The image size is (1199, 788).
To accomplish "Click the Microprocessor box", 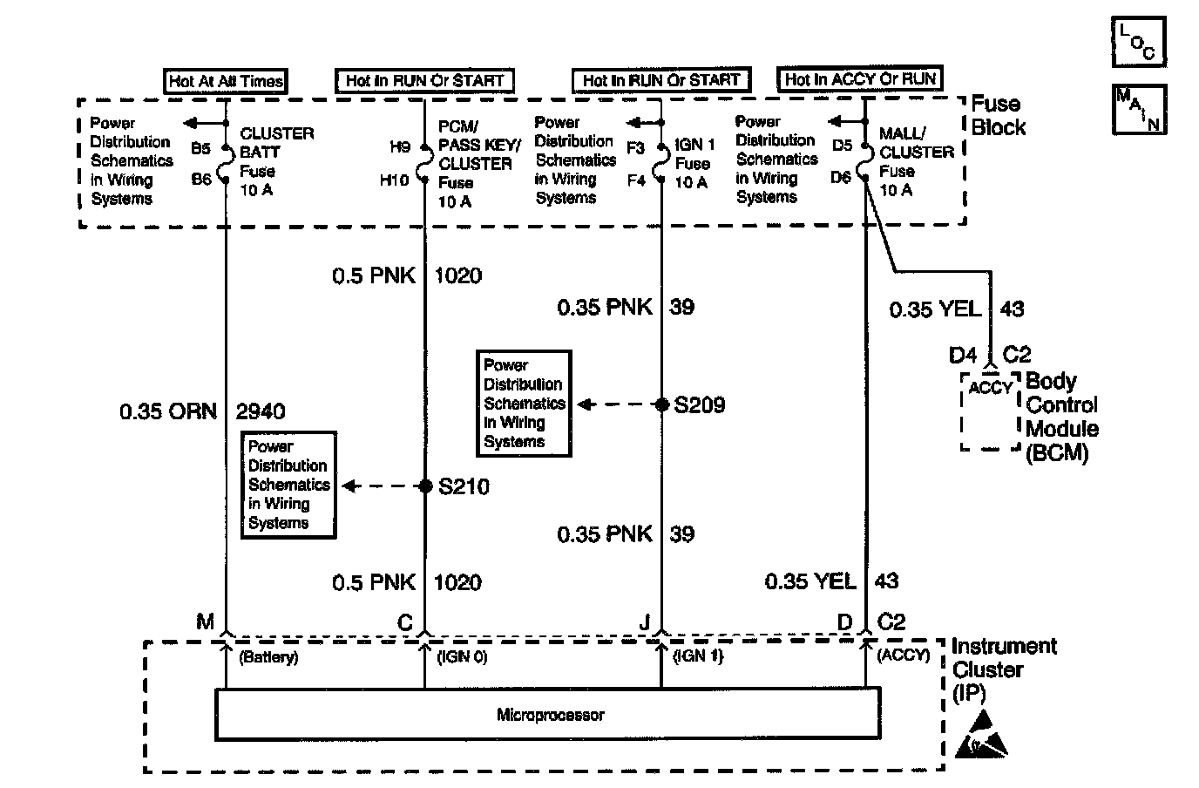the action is (x=547, y=714).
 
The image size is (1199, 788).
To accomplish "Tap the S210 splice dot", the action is (x=425, y=486).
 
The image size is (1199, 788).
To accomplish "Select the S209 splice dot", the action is (x=662, y=404).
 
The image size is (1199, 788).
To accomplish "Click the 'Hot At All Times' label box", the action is (x=226, y=81).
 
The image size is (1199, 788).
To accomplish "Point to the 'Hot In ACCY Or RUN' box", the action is (x=860, y=79).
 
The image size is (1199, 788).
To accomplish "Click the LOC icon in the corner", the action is (x=1139, y=42).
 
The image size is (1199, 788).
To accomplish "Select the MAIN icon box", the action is (x=1139, y=109).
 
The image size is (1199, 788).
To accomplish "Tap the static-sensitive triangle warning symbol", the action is (x=980, y=735).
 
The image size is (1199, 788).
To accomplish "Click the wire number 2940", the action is (x=261, y=411).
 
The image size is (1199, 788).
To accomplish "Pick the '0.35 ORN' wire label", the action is (x=168, y=411).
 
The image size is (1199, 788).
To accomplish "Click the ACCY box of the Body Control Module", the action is (x=990, y=411).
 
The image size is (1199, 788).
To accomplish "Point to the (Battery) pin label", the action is (x=268, y=657).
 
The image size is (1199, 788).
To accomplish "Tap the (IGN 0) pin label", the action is (x=462, y=657).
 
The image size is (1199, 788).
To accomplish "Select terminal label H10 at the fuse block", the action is (x=394, y=180).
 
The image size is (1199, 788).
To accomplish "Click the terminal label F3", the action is (x=635, y=148).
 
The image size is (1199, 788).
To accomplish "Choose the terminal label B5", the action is (x=200, y=148).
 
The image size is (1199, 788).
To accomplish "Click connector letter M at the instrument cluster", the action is (x=205, y=622).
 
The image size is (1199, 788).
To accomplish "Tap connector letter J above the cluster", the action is (x=645, y=622).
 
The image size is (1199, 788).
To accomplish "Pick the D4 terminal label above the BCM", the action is (x=962, y=355).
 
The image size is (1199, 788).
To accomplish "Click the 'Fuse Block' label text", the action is (x=999, y=116).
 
